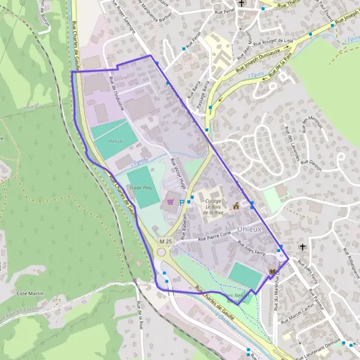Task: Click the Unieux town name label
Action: pyautogui.click(x=249, y=229)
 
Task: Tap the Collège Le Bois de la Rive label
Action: pyautogui.click(x=214, y=206)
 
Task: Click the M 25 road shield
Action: pyautogui.click(x=166, y=241)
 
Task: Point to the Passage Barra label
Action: pyautogui.click(x=206, y=91)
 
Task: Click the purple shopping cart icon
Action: pyautogui.click(x=170, y=202)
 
